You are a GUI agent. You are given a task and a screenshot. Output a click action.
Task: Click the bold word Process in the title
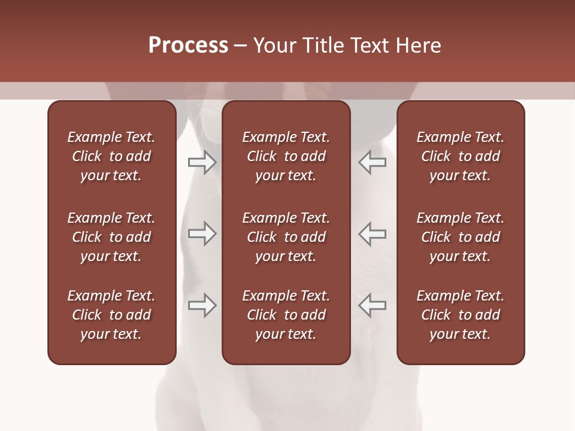pyautogui.click(x=188, y=45)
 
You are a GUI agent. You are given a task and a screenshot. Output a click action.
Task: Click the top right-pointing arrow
pyautogui.click(x=202, y=162)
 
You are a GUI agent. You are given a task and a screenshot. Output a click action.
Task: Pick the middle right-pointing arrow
pyautogui.click(x=202, y=233)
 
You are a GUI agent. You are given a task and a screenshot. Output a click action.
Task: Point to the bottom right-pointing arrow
pyautogui.click(x=202, y=305)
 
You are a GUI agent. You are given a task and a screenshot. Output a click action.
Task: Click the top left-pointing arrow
pyautogui.click(x=372, y=162)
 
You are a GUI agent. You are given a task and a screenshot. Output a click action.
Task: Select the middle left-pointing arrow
pyautogui.click(x=372, y=233)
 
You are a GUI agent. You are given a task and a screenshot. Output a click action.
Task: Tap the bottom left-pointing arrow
pyautogui.click(x=372, y=305)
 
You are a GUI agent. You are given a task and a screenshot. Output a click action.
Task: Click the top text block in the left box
pyautogui.click(x=111, y=156)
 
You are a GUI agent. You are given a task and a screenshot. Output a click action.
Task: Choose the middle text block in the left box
pyautogui.click(x=111, y=237)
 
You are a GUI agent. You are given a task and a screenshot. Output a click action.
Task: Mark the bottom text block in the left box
pyautogui.click(x=111, y=315)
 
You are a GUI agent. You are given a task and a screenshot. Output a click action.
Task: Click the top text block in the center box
pyautogui.click(x=286, y=156)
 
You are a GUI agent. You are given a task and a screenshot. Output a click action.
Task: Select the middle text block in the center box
pyautogui.click(x=286, y=237)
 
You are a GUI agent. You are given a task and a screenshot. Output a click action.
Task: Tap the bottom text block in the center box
pyautogui.click(x=286, y=315)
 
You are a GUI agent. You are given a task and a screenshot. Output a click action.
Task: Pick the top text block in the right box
pyautogui.click(x=461, y=156)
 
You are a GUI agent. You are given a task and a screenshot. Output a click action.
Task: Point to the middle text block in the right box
pyautogui.click(x=461, y=237)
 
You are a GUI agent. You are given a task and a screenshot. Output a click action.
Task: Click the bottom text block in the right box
pyautogui.click(x=461, y=315)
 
